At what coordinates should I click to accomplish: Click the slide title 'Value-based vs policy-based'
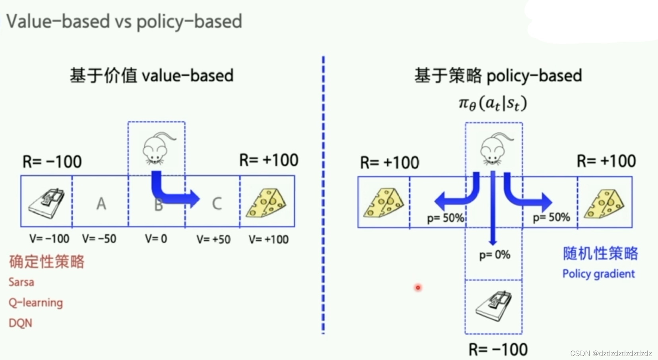point(124,21)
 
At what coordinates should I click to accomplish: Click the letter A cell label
point(101,204)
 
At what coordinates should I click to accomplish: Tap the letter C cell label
point(217,204)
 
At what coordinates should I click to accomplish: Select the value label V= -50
point(99,239)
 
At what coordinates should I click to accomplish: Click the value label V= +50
point(213,239)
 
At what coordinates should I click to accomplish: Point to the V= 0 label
point(156,239)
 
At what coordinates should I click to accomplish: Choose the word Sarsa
point(21,282)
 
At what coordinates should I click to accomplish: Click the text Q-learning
point(36,303)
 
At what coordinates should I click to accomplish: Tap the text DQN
point(20,323)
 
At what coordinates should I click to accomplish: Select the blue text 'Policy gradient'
point(598,274)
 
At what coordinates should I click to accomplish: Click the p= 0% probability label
point(494,255)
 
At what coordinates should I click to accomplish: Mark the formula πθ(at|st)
point(493,104)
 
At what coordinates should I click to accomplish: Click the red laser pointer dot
point(418,287)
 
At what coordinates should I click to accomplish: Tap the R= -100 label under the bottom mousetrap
point(498,350)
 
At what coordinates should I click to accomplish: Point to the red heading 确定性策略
point(47,262)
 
